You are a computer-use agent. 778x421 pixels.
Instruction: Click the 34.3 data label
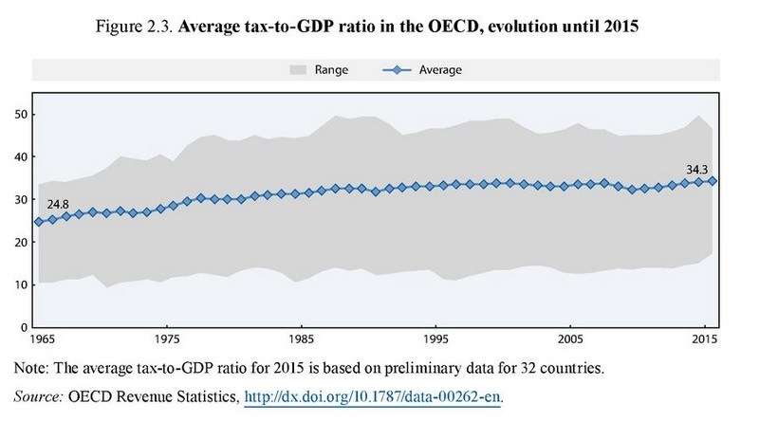click(698, 170)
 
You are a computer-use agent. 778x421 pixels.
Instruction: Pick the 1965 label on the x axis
click(39, 339)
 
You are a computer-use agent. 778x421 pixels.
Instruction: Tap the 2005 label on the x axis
click(570, 339)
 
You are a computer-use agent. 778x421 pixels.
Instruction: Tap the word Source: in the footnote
click(39, 394)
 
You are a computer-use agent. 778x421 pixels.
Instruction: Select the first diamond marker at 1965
click(39, 222)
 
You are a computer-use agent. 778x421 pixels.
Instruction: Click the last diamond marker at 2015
click(713, 180)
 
